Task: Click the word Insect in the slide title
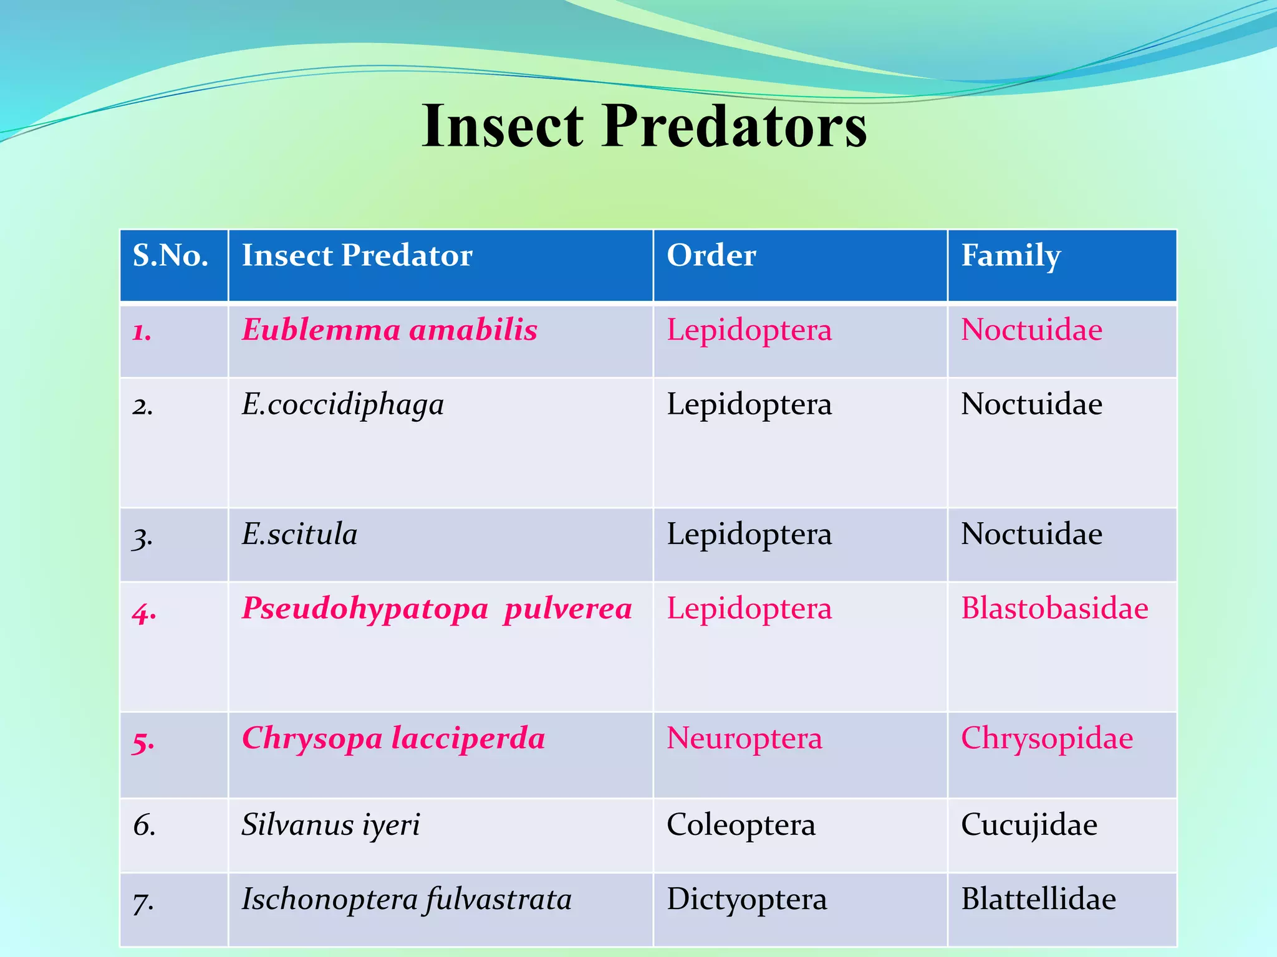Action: (x=503, y=126)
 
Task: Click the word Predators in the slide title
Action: (x=734, y=126)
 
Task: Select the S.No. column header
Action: (x=170, y=256)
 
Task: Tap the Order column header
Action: (x=711, y=256)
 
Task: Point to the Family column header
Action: (x=1010, y=256)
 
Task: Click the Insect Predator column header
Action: (x=357, y=256)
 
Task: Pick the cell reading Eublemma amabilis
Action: (x=390, y=330)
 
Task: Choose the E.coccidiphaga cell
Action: (x=343, y=405)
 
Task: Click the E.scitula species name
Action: (x=300, y=535)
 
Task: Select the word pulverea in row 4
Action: (x=568, y=609)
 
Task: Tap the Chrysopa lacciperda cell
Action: (x=393, y=738)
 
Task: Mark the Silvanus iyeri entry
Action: (x=331, y=825)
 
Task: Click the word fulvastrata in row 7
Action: (x=499, y=900)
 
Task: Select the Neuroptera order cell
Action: (x=745, y=738)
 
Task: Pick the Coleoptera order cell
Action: (x=741, y=825)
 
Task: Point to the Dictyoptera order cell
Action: (x=746, y=900)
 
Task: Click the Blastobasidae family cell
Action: (x=1054, y=609)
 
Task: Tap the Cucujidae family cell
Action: (x=1029, y=825)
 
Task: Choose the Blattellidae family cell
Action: (x=1038, y=900)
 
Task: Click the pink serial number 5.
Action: (x=143, y=741)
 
